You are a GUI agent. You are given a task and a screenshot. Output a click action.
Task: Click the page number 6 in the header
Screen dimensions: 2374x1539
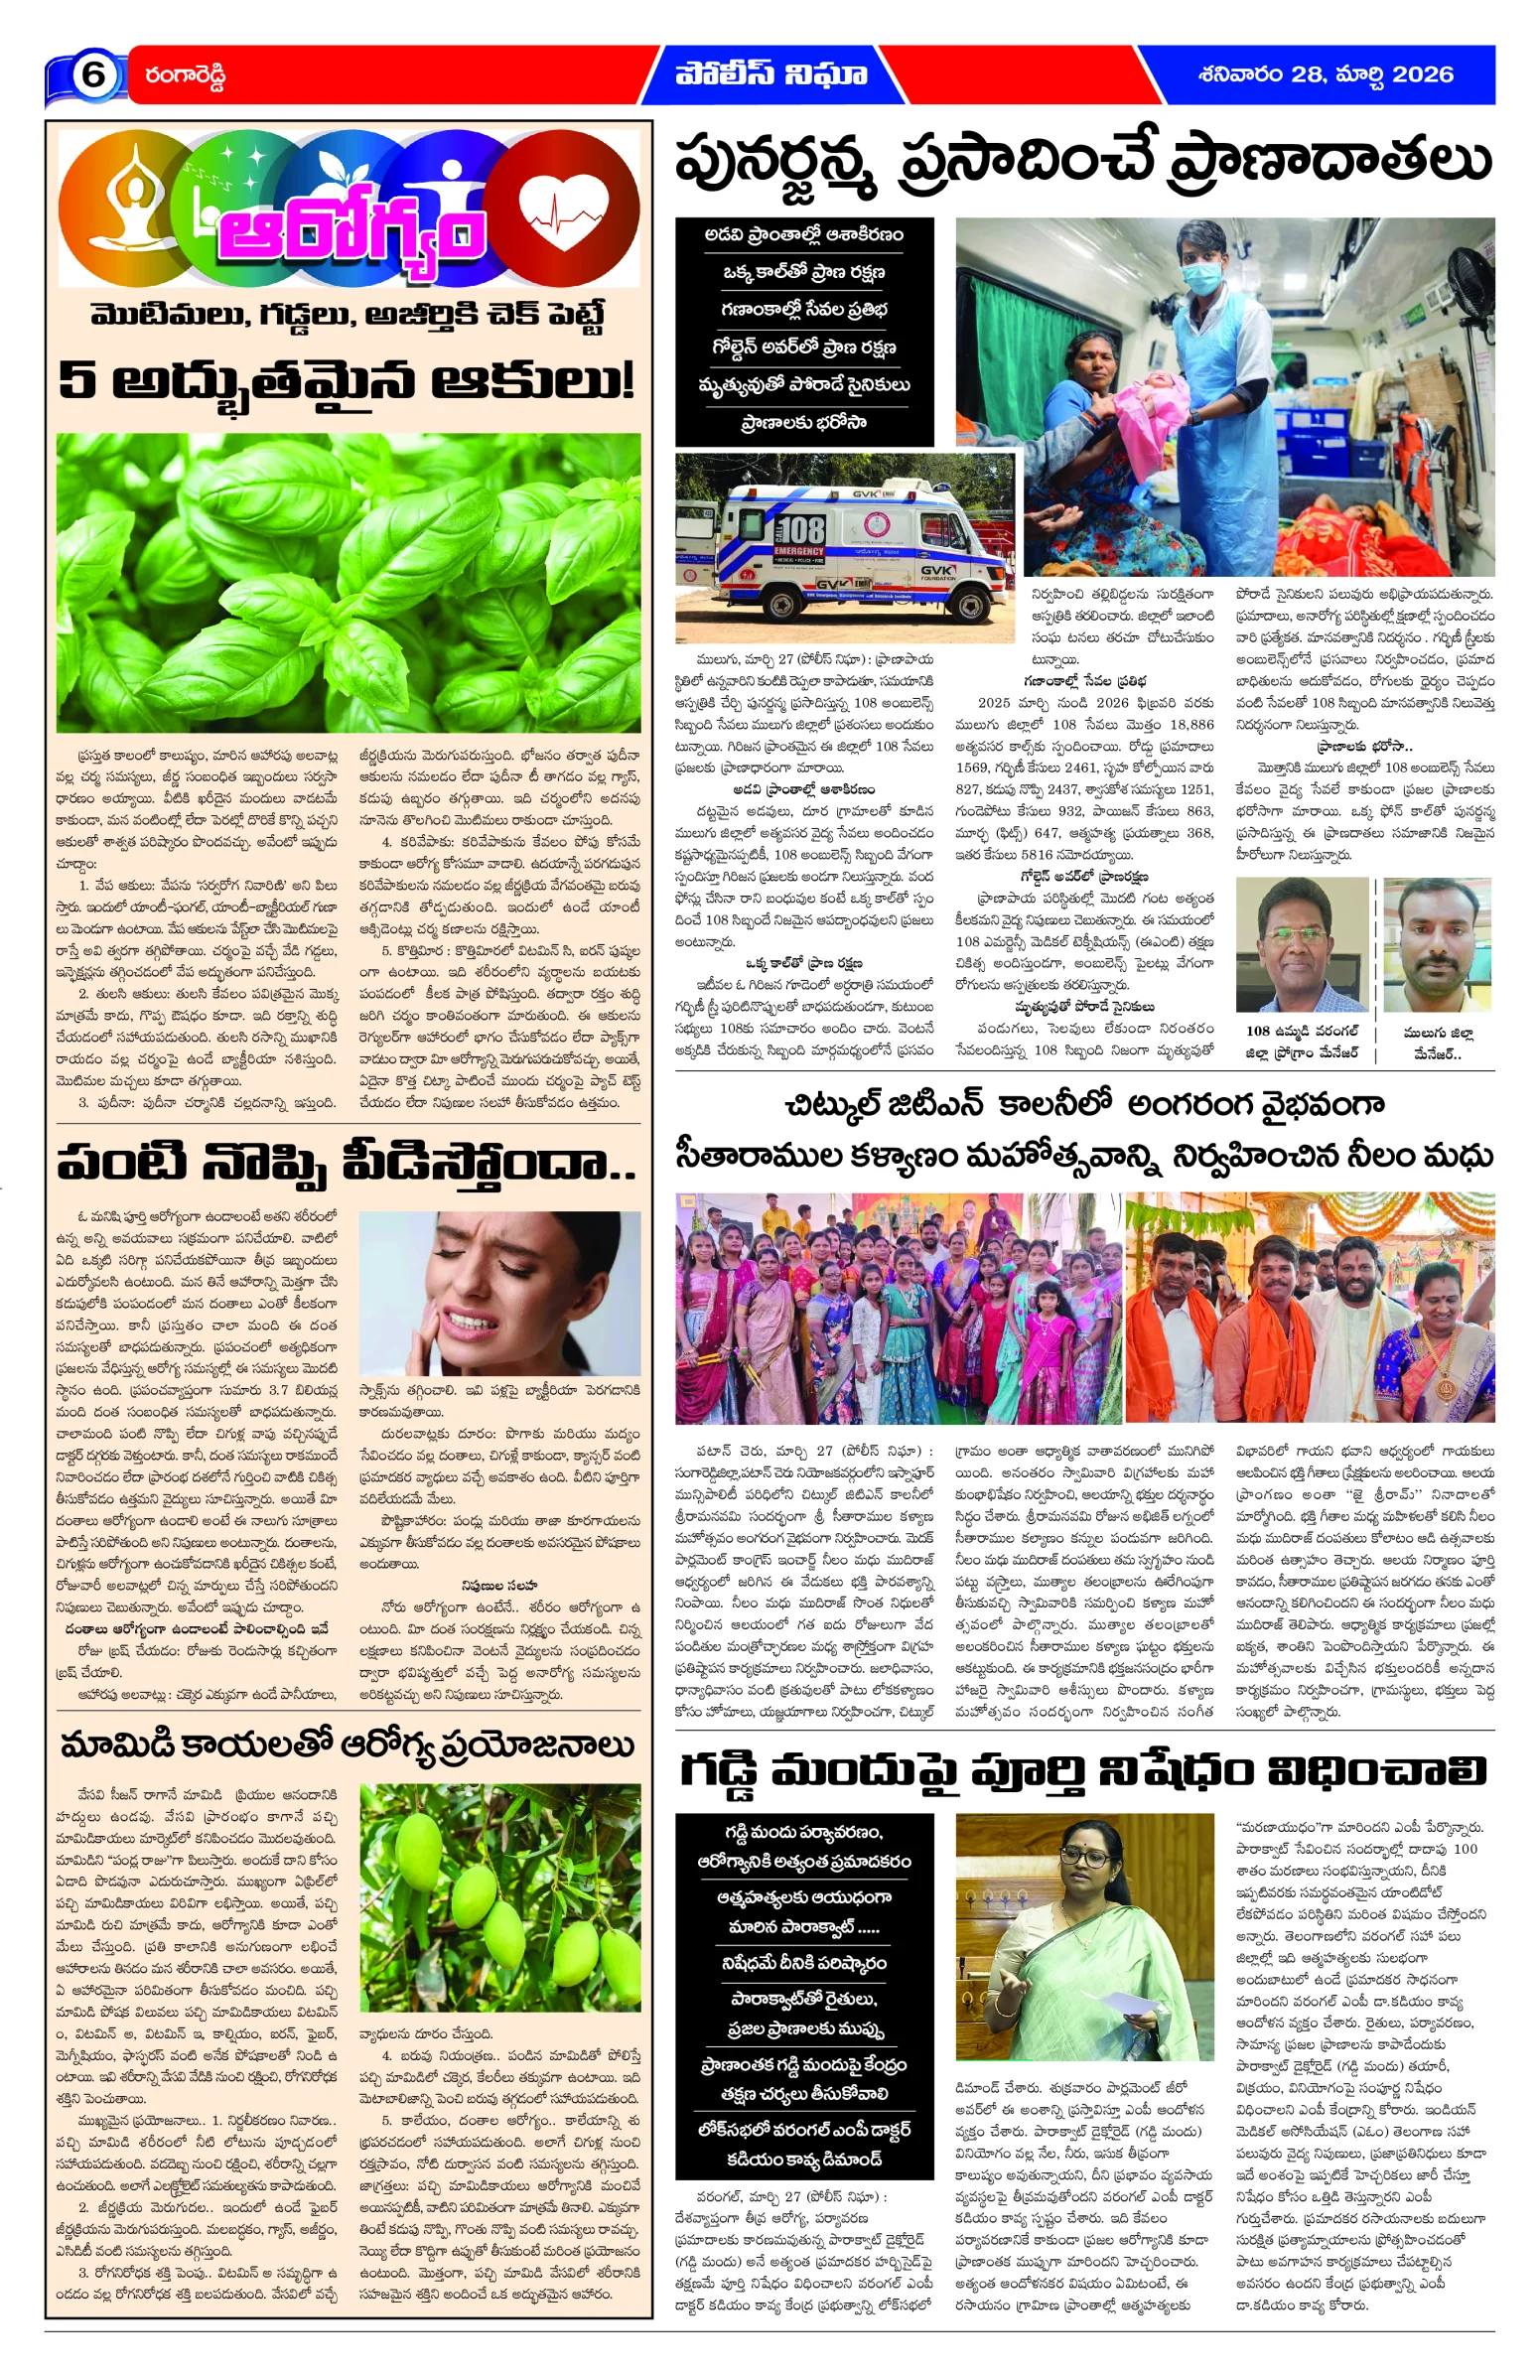92,74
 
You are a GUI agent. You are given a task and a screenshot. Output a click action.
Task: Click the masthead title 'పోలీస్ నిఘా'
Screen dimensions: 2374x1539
770,73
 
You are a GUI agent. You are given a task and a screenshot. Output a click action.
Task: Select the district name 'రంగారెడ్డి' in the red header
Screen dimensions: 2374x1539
186,75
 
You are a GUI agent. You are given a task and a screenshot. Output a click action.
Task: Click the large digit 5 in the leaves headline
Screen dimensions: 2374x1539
75,380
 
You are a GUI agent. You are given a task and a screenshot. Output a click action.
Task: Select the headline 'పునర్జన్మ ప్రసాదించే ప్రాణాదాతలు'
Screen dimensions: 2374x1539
1083,162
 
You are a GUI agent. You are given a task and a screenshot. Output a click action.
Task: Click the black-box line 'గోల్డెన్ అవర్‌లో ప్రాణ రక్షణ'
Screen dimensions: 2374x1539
804,348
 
